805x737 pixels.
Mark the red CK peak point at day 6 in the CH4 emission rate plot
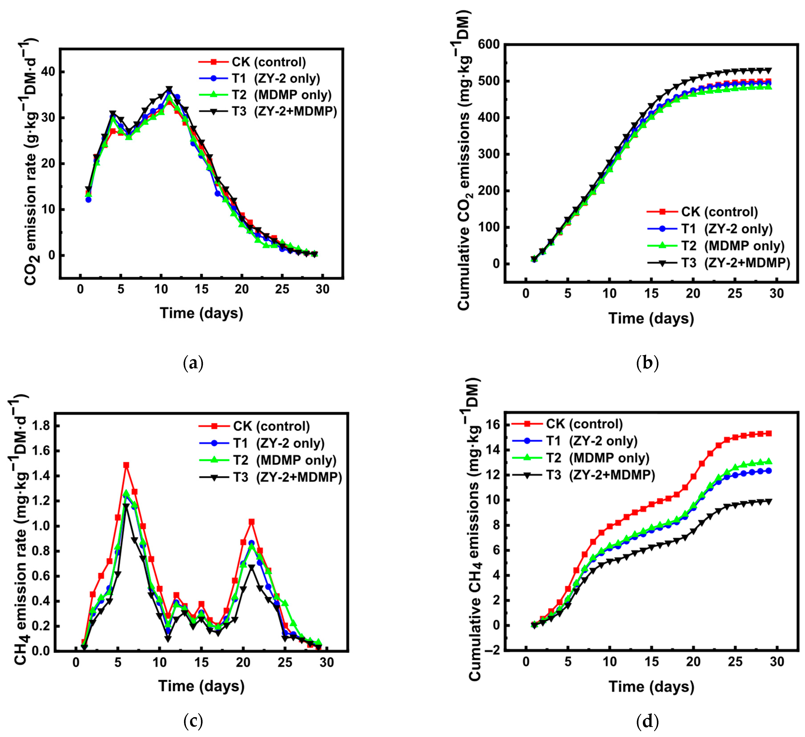tap(126, 465)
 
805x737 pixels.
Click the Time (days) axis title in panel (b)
tap(651, 318)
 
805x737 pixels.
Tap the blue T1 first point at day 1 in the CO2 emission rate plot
tap(88, 200)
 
